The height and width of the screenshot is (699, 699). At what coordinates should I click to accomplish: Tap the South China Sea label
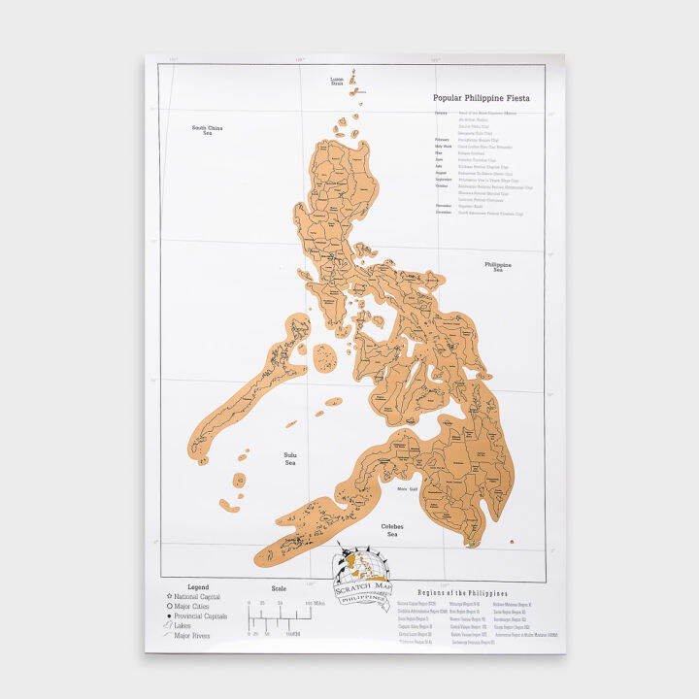click(208, 130)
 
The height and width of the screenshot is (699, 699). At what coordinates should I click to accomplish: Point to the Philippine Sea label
click(498, 266)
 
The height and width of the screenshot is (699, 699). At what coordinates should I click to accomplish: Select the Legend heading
click(198, 587)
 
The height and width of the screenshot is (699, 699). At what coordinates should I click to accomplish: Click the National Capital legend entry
click(199, 597)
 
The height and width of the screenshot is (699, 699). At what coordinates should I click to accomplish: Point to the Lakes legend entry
click(190, 626)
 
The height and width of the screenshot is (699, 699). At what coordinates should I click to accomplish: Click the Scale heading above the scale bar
click(280, 587)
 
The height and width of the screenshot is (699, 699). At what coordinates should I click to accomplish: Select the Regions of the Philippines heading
click(462, 592)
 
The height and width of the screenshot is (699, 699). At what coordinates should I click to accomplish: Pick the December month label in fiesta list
click(443, 214)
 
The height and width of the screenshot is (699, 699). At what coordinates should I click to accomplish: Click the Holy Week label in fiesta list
click(443, 146)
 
